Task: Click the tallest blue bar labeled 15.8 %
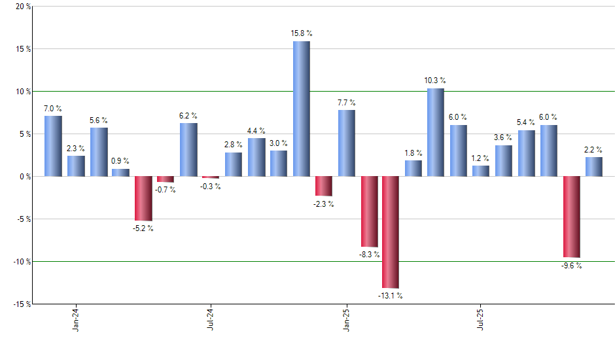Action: click(x=301, y=109)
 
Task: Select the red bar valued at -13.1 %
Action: click(x=391, y=232)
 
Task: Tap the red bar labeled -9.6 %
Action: click(x=571, y=217)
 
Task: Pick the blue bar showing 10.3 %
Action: click(x=436, y=132)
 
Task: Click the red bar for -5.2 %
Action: click(x=143, y=198)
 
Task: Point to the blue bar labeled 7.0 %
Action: click(x=53, y=146)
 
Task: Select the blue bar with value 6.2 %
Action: click(x=188, y=149)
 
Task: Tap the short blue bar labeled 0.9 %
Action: click(x=120, y=172)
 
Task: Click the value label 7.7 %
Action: click(x=347, y=103)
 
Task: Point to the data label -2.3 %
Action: click(x=324, y=204)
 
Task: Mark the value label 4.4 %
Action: click(x=256, y=131)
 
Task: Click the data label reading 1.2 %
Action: click(x=481, y=158)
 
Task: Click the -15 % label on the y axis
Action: click(x=21, y=304)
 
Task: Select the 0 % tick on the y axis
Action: click(x=25, y=176)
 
